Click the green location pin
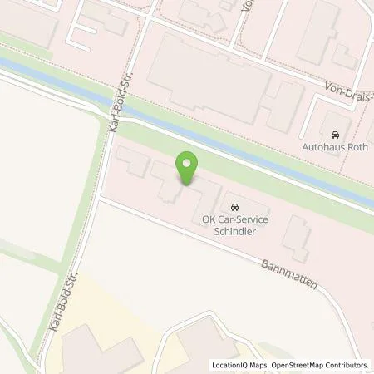pos(189,166)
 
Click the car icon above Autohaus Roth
pos(335,135)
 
